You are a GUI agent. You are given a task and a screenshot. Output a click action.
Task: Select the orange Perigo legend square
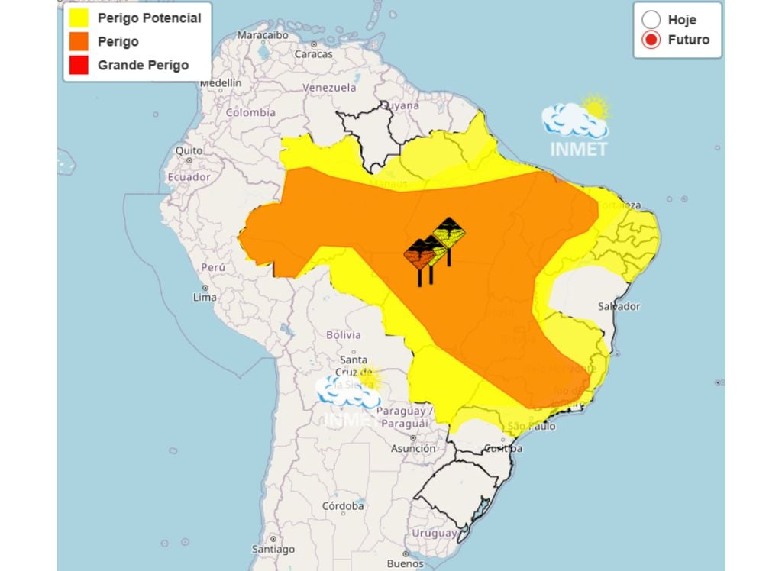(x=79, y=41)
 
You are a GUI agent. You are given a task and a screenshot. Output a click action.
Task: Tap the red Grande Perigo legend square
(x=79, y=65)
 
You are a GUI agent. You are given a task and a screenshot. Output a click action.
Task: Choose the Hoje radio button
(x=651, y=20)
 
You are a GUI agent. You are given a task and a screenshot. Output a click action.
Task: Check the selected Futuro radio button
(x=651, y=40)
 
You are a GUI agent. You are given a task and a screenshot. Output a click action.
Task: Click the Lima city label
(x=204, y=298)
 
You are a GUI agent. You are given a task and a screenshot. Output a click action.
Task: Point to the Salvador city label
(x=619, y=306)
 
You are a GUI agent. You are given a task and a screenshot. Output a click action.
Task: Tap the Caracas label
(x=314, y=54)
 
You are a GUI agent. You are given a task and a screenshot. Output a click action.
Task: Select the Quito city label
(x=189, y=151)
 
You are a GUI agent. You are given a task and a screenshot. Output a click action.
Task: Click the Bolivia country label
(x=343, y=334)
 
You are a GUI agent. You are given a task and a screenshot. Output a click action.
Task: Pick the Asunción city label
(x=412, y=449)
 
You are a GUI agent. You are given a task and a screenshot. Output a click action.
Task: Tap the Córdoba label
(x=342, y=506)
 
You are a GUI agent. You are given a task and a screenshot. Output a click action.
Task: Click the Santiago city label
(x=273, y=550)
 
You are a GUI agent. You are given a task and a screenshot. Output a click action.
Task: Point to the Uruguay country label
(x=433, y=533)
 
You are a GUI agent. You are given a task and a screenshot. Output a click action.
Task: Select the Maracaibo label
(x=262, y=35)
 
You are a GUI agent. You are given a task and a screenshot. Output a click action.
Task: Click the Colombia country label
(x=250, y=112)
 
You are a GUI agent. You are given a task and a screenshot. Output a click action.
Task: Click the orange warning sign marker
(x=419, y=255)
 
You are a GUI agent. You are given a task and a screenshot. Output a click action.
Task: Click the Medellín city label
(x=221, y=82)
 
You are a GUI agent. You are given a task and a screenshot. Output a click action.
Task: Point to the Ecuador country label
(x=189, y=177)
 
